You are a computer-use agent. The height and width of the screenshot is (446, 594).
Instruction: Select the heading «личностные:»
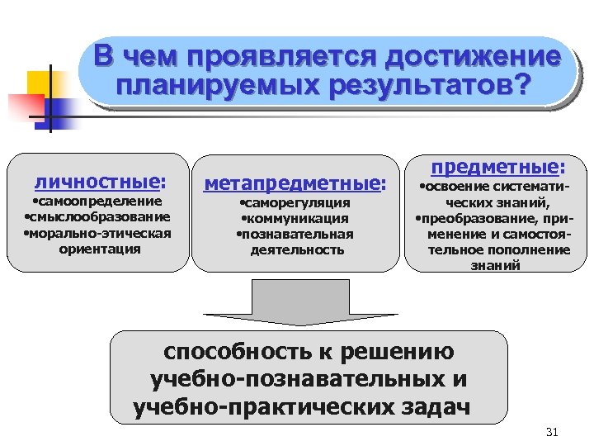[99, 180]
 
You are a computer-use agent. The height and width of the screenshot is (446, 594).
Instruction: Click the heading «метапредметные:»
[295, 182]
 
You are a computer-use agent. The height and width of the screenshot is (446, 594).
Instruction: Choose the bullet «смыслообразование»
[98, 216]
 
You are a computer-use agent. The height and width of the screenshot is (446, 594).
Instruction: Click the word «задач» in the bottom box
[435, 407]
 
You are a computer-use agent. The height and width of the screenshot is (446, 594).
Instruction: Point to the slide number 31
[554, 433]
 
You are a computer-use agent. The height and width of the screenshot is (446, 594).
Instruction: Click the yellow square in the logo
[40, 85]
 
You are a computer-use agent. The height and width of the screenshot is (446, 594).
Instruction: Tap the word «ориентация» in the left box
[100, 248]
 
